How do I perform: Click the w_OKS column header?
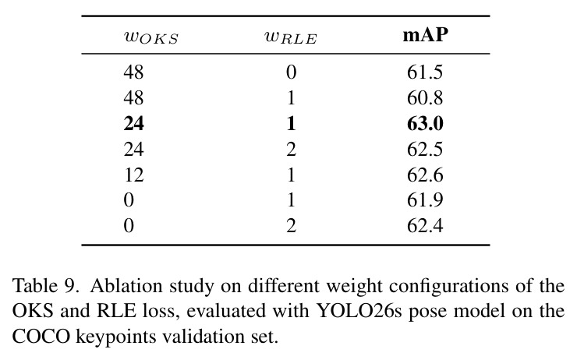[151, 38]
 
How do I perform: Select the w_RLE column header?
[291, 38]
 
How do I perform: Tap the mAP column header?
[426, 36]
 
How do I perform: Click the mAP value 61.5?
[425, 72]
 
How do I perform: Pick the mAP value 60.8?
[425, 98]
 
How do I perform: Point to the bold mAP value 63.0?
[425, 124]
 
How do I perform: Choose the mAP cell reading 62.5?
[425, 150]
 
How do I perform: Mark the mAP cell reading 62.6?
[425, 175]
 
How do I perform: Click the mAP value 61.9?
[425, 200]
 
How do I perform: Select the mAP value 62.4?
[425, 225]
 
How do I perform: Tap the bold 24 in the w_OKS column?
[133, 124]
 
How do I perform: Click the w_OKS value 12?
[133, 175]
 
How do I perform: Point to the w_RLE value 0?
[291, 72]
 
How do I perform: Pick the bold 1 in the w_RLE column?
[291, 124]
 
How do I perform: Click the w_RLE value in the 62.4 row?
[291, 225]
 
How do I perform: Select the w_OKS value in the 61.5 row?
[133, 72]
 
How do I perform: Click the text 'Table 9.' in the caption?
[46, 286]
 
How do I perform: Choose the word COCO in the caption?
[41, 337]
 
